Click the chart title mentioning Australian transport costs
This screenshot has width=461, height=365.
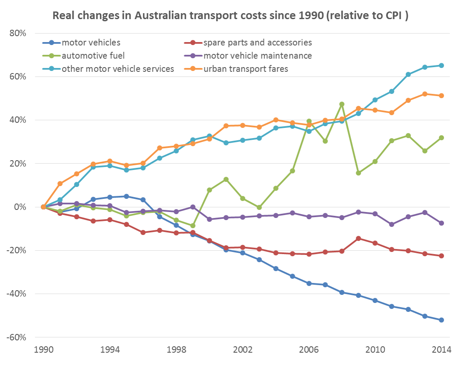pos(230,16)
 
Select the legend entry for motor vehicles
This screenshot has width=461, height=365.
pos(91,42)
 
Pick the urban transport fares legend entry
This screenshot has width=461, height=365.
pos(246,69)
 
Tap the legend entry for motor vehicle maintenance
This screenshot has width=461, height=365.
pos(257,56)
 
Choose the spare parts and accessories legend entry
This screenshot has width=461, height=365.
pos(257,42)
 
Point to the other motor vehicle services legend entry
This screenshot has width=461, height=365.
pos(117,69)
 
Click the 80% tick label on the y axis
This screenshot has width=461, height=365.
pos(17,33)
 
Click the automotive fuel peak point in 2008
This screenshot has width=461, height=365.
pos(341,104)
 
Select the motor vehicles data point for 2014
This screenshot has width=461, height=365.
pos(441,320)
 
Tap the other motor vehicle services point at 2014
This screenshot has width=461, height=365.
pos(441,65)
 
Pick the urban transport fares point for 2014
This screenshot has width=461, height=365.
pos(441,96)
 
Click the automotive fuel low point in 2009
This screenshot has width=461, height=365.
pos(359,173)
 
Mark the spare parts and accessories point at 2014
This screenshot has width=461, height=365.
pos(441,256)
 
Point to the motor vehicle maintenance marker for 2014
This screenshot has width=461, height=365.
pos(441,223)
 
